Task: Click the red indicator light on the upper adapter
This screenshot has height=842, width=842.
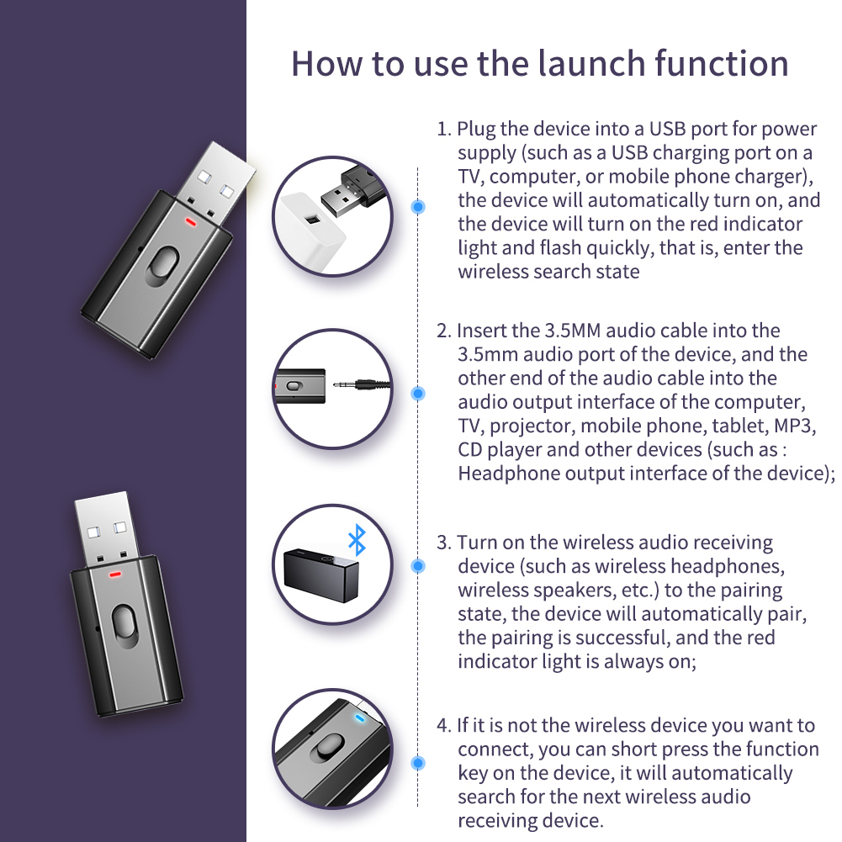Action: pyautogui.click(x=191, y=220)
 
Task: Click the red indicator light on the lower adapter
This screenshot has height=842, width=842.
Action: pyautogui.click(x=115, y=574)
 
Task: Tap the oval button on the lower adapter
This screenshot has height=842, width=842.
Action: pyautogui.click(x=124, y=626)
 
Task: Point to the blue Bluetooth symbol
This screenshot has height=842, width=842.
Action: pyautogui.click(x=357, y=540)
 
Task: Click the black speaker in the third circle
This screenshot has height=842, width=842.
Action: pyautogui.click(x=321, y=575)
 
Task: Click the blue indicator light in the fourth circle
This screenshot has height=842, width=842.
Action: pyautogui.click(x=359, y=718)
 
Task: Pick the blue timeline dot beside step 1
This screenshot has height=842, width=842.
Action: pyautogui.click(x=418, y=207)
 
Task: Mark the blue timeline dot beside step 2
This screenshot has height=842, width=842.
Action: pyautogui.click(x=418, y=394)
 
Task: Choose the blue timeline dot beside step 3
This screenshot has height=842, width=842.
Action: pyautogui.click(x=418, y=565)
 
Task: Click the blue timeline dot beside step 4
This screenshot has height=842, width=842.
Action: pyautogui.click(x=418, y=763)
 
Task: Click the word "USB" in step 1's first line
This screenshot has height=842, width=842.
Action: pyautogui.click(x=667, y=129)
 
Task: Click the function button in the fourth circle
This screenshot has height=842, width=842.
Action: pyautogui.click(x=329, y=748)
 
